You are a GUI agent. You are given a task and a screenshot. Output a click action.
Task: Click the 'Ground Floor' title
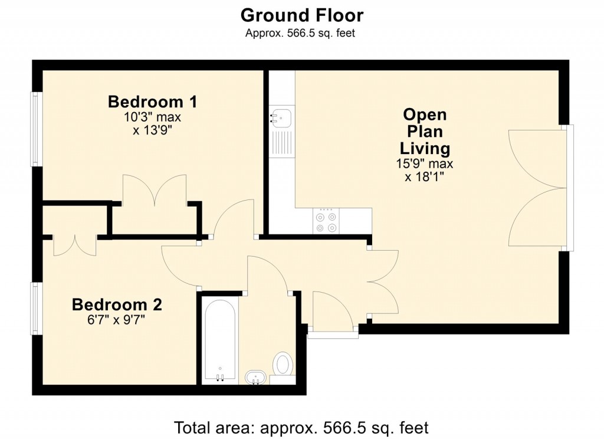[301, 15]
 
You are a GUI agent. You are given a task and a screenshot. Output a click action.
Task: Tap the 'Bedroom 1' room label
[152, 101]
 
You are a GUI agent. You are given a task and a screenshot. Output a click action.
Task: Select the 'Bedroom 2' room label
[117, 305]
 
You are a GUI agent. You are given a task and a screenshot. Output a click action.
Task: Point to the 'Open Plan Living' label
[425, 131]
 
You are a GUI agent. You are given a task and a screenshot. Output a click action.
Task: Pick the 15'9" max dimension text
[425, 164]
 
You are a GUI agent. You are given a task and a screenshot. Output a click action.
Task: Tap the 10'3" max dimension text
[152, 117]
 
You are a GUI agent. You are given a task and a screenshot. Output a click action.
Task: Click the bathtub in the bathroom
[221, 339]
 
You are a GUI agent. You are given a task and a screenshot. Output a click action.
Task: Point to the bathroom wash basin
[255, 376]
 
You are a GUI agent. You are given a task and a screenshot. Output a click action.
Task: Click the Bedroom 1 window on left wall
[36, 129]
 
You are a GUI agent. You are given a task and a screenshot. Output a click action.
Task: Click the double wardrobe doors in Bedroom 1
[155, 191]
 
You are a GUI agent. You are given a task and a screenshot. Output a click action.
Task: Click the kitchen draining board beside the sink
[282, 143]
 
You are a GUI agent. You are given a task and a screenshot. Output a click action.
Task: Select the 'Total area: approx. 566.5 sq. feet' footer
[301, 427]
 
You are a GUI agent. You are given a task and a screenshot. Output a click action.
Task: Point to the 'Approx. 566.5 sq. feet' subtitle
[300, 33]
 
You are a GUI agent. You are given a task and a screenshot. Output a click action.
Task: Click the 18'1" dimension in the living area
[425, 177]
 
